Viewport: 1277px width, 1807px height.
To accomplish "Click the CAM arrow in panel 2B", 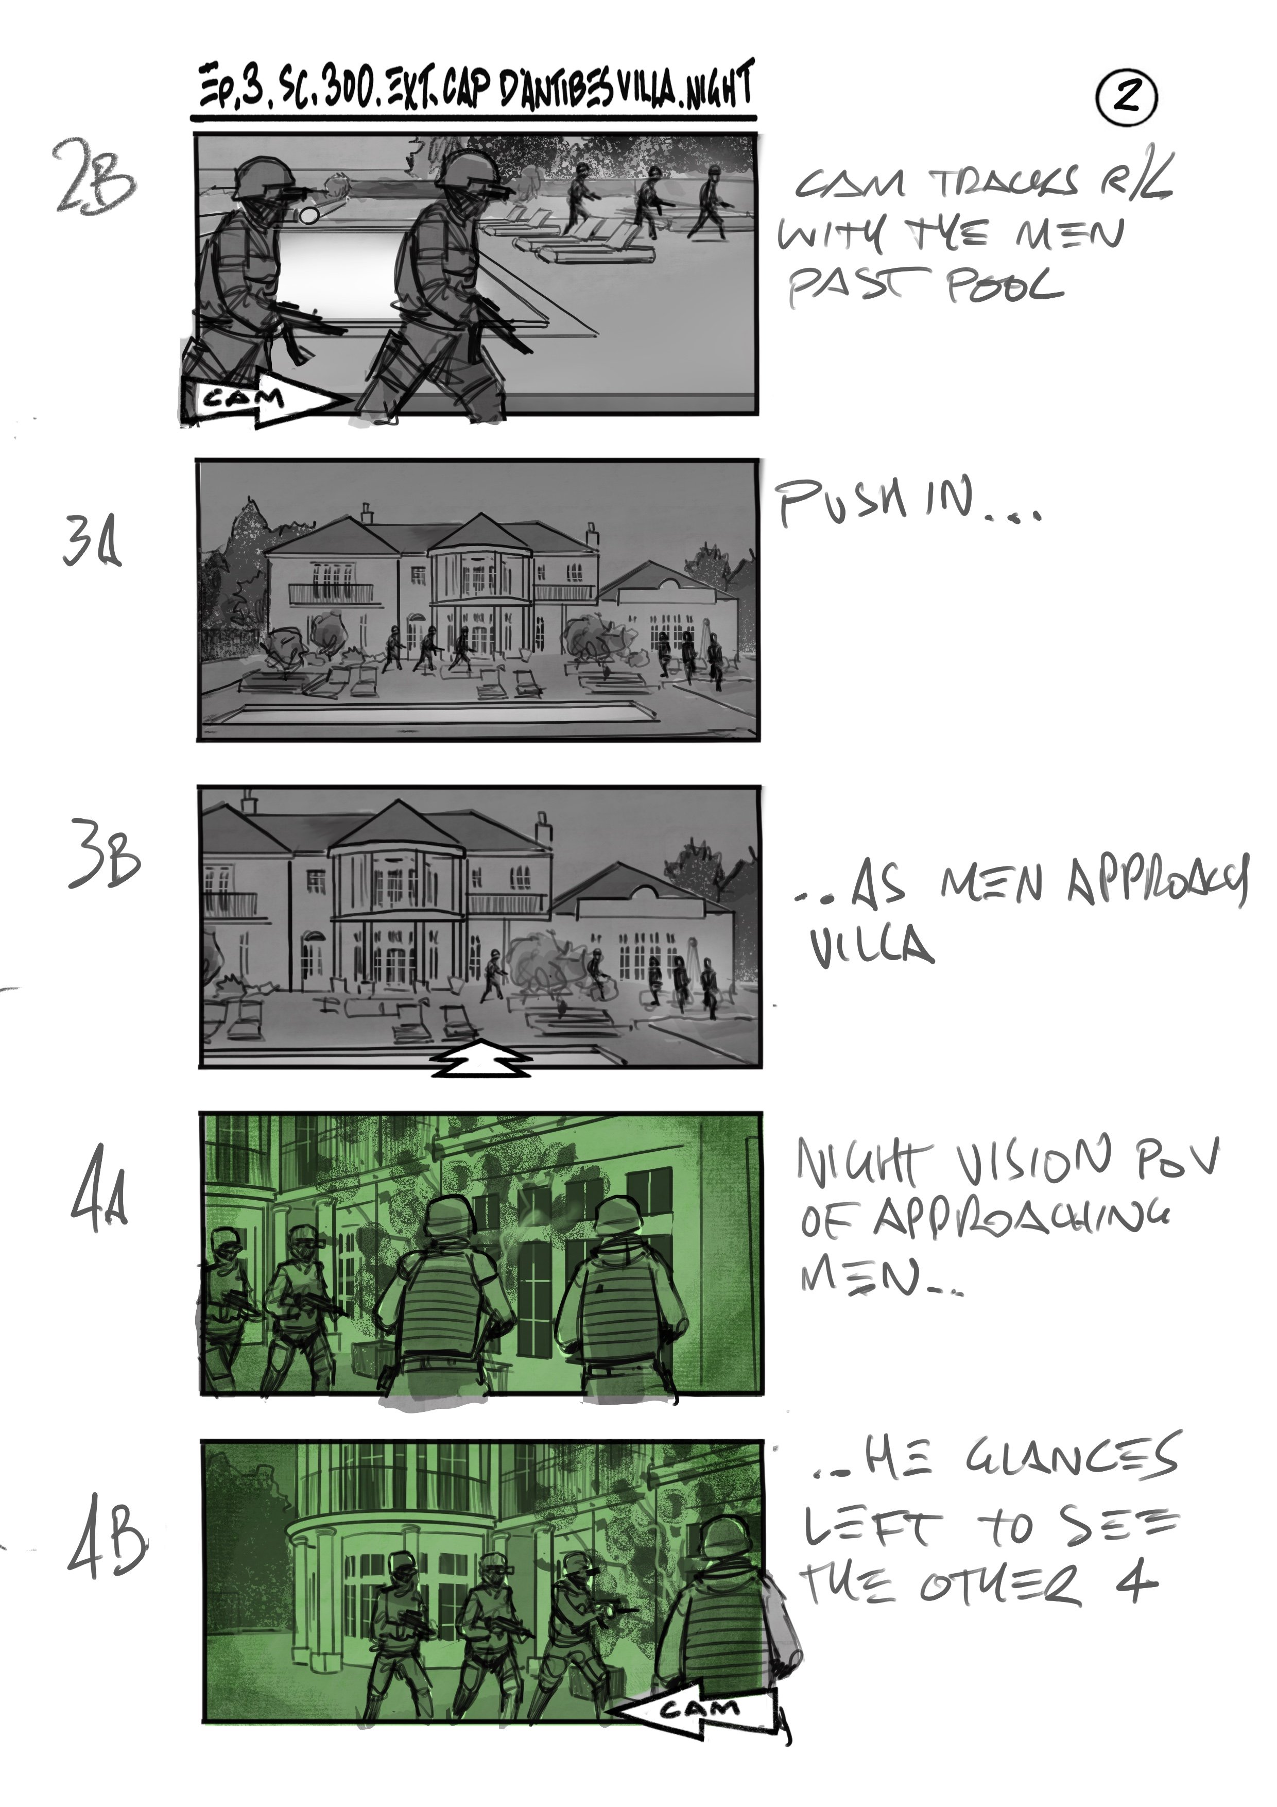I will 264,399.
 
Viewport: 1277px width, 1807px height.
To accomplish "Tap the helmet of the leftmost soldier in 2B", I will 261,174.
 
